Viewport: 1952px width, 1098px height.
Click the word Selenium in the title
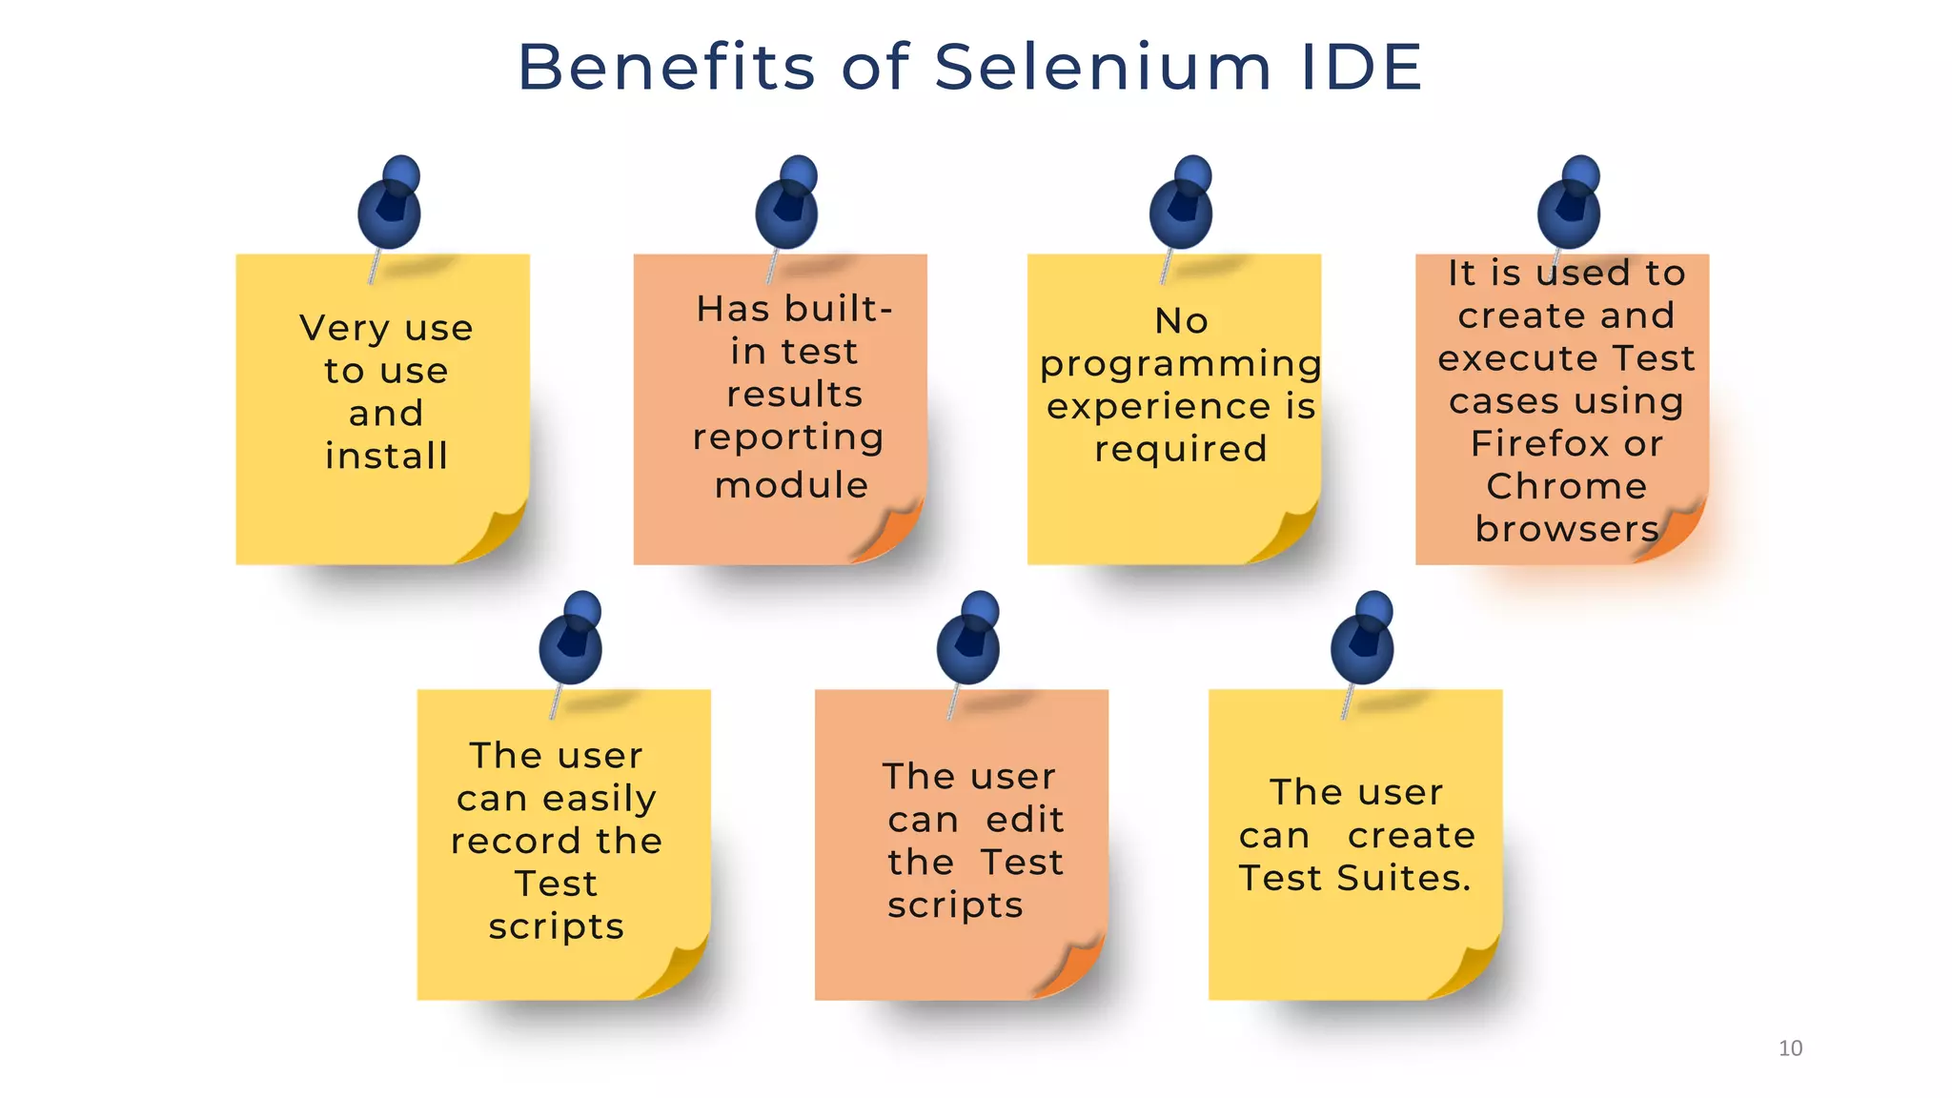pyautogui.click(x=1103, y=68)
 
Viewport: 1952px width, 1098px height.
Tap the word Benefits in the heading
pyautogui.click(x=666, y=68)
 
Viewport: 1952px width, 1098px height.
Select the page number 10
pyautogui.click(x=1790, y=1048)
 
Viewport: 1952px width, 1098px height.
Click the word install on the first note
pyautogui.click(x=386, y=457)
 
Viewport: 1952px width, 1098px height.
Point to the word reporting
pyautogui.click(x=788, y=438)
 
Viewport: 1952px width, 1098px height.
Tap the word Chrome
pyautogui.click(x=1566, y=487)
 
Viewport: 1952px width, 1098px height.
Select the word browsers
pyautogui.click(x=1566, y=529)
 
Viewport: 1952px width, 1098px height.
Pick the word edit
pyautogui.click(x=1025, y=820)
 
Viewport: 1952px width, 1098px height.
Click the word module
pyautogui.click(x=791, y=486)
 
